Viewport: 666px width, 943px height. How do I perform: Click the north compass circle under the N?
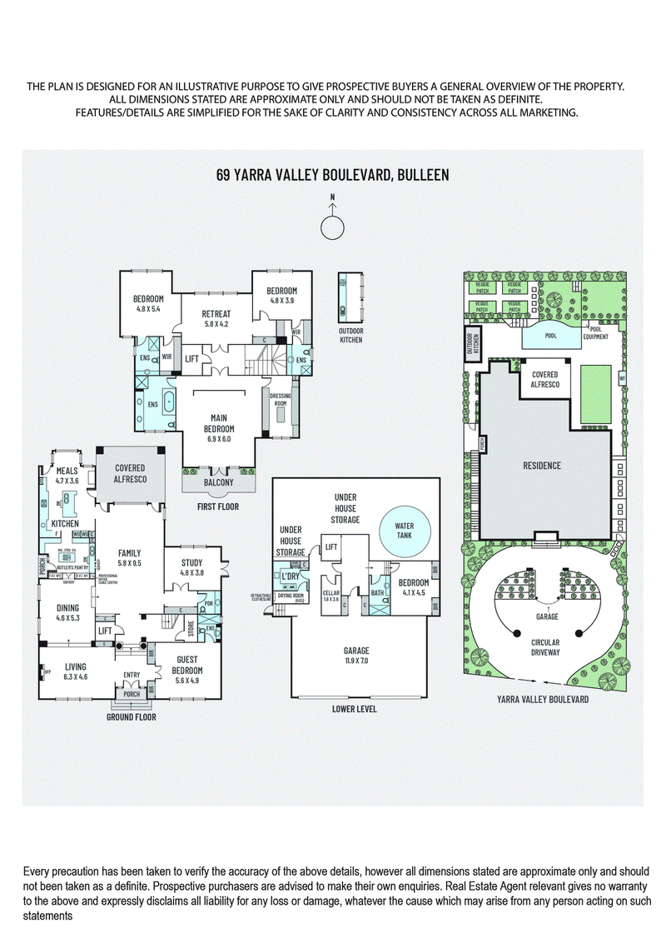pos(332,227)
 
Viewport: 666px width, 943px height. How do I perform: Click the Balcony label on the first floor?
pos(218,482)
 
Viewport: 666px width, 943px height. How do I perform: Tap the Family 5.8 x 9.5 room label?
pos(128,557)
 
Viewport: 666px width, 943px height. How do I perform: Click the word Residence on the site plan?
pos(541,466)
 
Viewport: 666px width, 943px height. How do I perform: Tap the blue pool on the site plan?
pos(549,336)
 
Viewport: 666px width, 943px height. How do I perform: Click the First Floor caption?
pos(217,506)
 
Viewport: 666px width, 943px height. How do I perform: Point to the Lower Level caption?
pos(354,709)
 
